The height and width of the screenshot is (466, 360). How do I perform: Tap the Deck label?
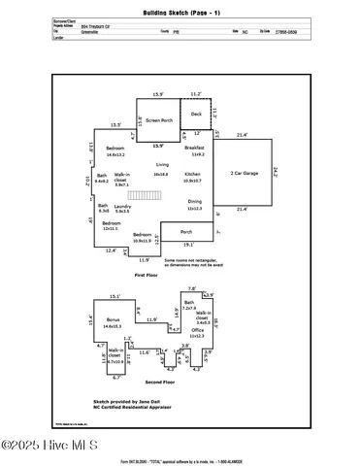click(196, 114)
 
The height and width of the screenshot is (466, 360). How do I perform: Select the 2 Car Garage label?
click(243, 174)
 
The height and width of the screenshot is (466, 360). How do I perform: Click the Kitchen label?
click(192, 175)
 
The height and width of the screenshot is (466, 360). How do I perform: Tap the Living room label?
click(162, 165)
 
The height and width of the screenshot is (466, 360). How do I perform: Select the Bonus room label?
click(113, 319)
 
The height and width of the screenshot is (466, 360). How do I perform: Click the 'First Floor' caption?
click(147, 276)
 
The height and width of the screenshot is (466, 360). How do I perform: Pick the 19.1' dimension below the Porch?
click(187, 245)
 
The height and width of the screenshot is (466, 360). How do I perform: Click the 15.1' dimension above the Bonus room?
click(115, 296)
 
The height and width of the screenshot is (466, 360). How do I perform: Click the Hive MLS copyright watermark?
click(48, 446)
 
